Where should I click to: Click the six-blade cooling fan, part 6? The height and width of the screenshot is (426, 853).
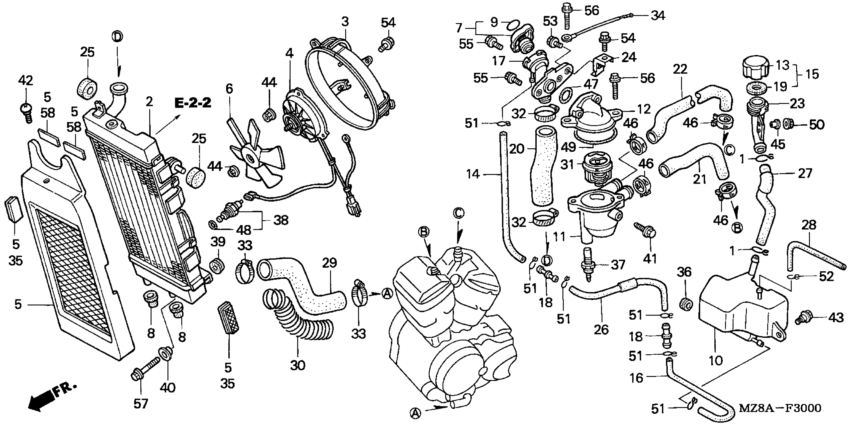[x=262, y=156]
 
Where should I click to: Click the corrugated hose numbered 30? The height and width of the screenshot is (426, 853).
[x=298, y=314]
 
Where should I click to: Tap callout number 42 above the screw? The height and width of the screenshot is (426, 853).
[x=26, y=80]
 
